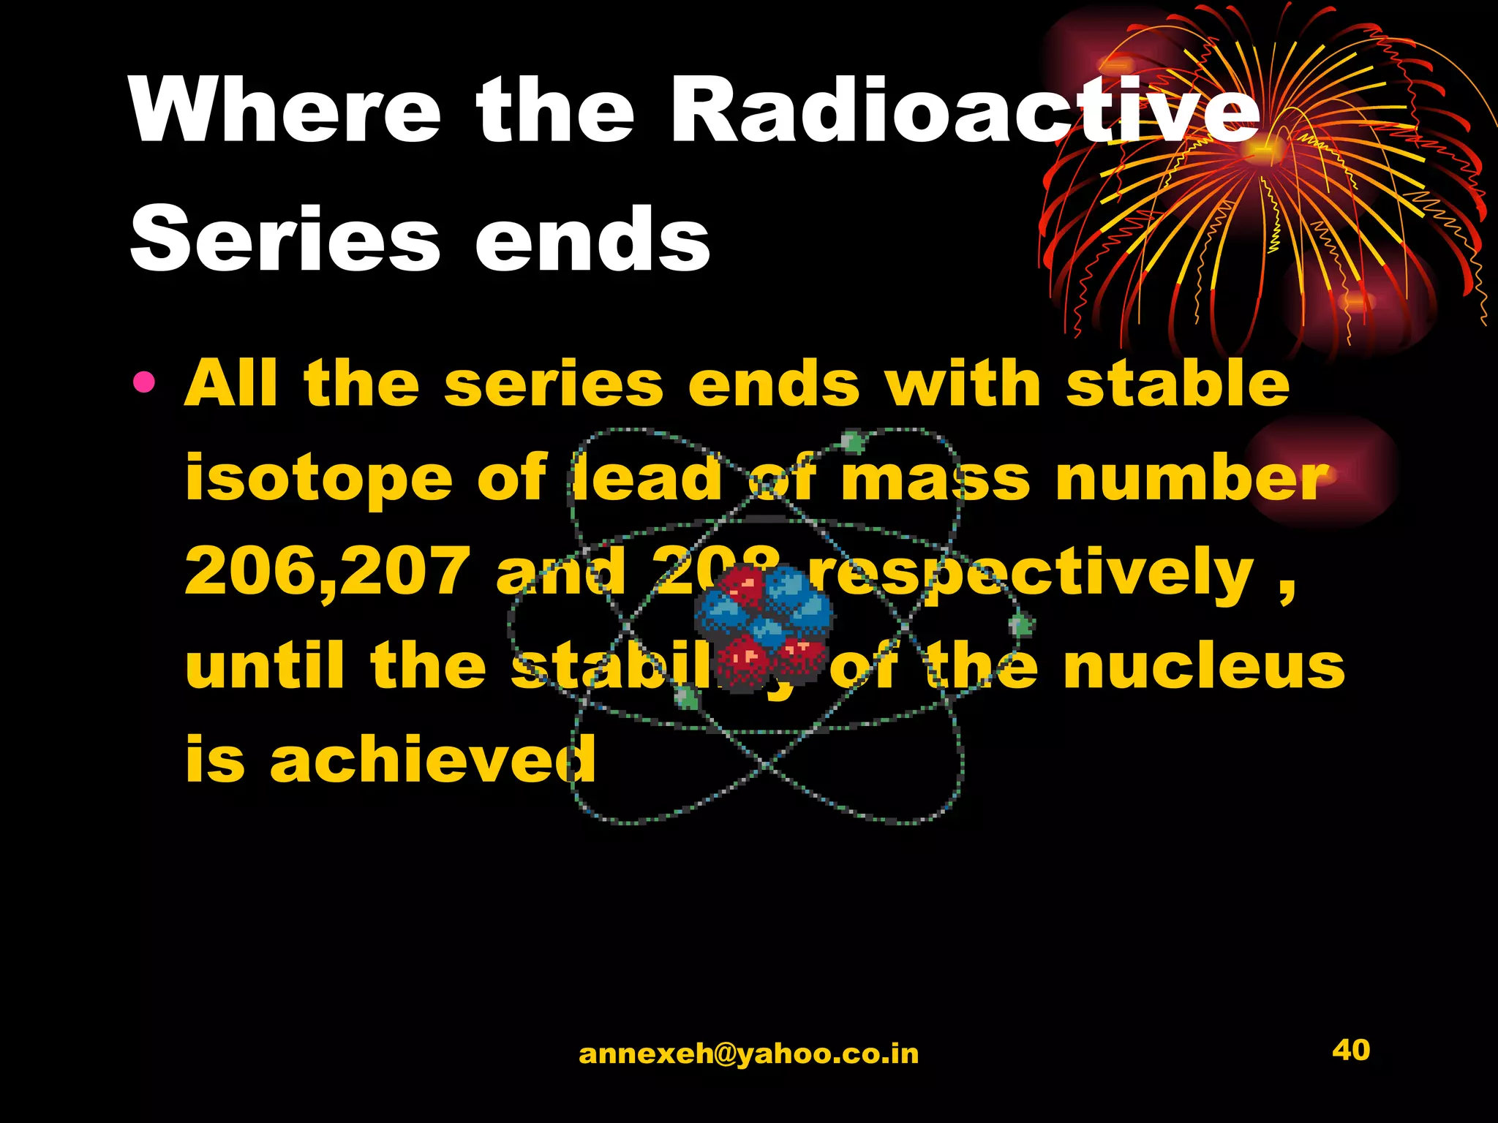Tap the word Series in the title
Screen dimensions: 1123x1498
[x=285, y=239]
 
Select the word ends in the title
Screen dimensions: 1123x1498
[x=592, y=239]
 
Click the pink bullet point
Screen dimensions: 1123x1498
[x=144, y=382]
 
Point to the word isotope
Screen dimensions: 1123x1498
[x=319, y=479]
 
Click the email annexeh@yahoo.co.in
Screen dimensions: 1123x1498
[x=748, y=1054]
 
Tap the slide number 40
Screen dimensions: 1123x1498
[x=1350, y=1050]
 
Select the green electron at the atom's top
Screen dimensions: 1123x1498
[x=852, y=441]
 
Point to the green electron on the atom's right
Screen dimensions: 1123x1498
[x=1020, y=625]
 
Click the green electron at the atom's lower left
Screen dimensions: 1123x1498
[x=686, y=699]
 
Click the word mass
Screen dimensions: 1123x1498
[x=935, y=479]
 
